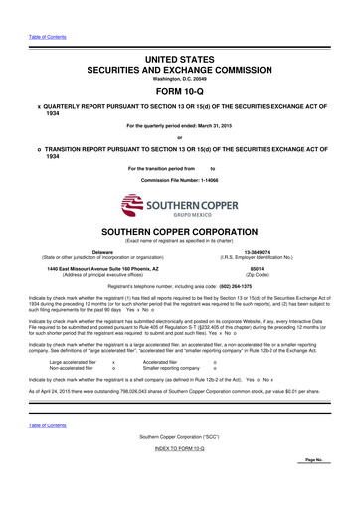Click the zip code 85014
point(264,268)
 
